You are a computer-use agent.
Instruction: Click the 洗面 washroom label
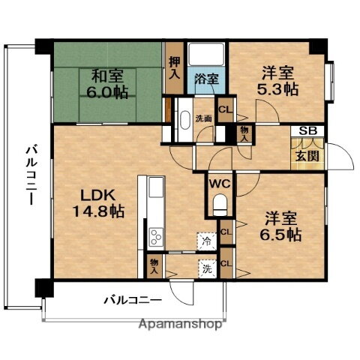pyautogui.click(x=204, y=118)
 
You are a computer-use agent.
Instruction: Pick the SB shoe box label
pyautogui.click(x=307, y=131)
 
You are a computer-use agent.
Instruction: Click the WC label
pyautogui.click(x=219, y=181)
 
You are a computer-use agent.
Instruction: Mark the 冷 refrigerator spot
pyautogui.click(x=205, y=241)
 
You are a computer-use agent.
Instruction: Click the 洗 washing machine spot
pyautogui.click(x=205, y=265)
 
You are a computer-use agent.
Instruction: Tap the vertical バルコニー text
pyautogui.click(x=27, y=178)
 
